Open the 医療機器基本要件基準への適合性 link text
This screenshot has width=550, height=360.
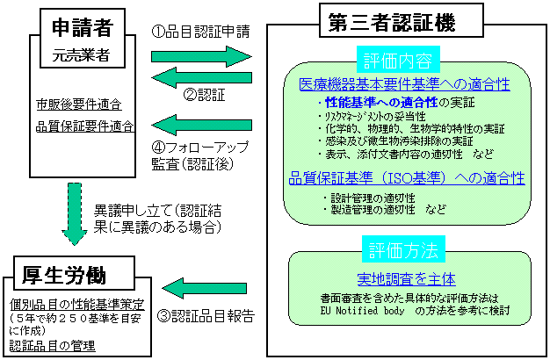(x=404, y=84)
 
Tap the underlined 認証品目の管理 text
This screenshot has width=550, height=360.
(x=54, y=345)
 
